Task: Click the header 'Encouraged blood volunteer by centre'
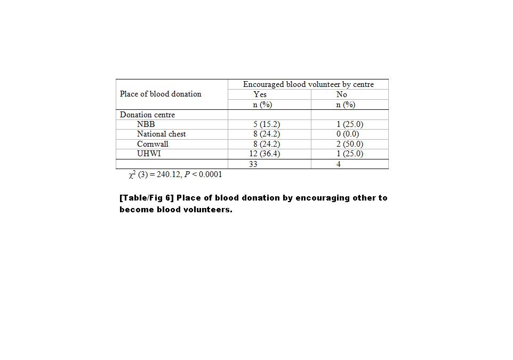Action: (x=308, y=84)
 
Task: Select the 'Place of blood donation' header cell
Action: (x=161, y=94)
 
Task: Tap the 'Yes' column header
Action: (x=260, y=94)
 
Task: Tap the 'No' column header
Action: (x=342, y=94)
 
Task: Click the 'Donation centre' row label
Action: (x=147, y=115)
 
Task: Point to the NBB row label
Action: (x=146, y=124)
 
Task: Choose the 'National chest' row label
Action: (x=161, y=134)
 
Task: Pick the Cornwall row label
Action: (x=153, y=144)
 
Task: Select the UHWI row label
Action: (x=149, y=154)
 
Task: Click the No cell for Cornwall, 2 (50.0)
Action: (x=350, y=144)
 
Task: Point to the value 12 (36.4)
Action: (x=264, y=154)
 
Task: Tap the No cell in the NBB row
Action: (x=350, y=124)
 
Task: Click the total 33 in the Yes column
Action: (x=253, y=164)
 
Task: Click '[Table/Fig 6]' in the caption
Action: (x=147, y=198)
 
